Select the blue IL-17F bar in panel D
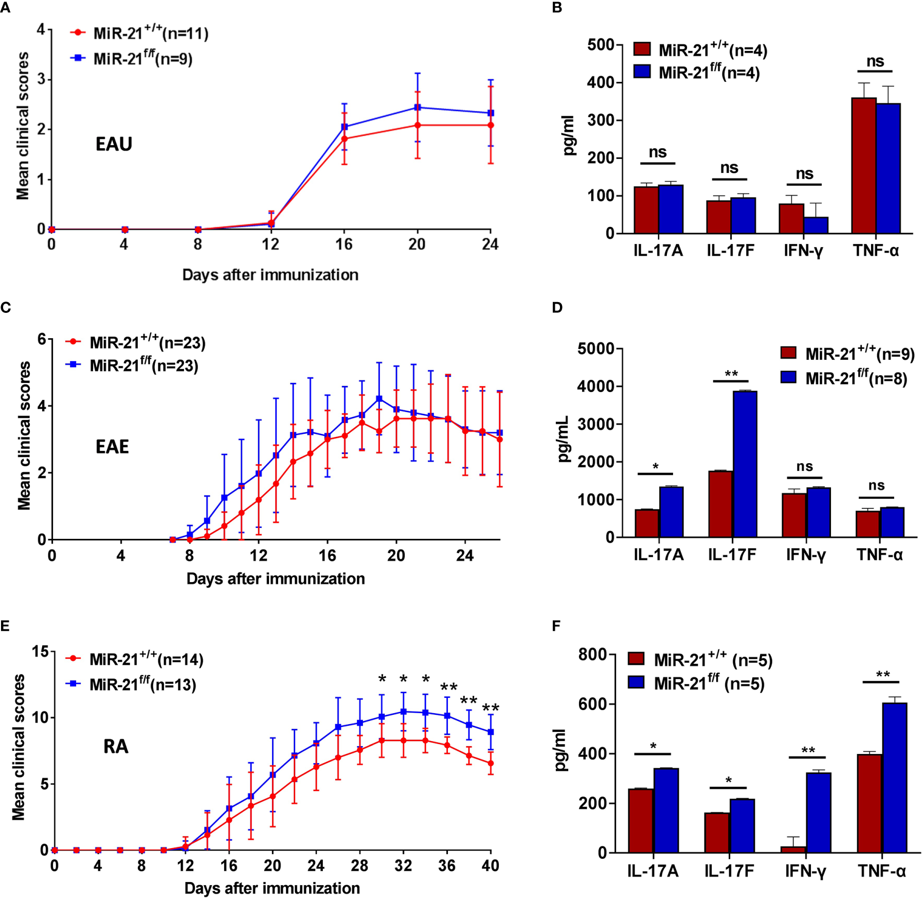point(745,464)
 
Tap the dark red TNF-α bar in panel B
point(864,165)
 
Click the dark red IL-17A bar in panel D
point(647,523)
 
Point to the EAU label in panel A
point(114,144)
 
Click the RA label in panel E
point(116,746)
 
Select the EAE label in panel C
point(112,447)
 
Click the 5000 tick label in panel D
point(595,349)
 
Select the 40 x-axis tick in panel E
point(490,866)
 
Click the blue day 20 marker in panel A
point(418,108)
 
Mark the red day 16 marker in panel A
point(344,139)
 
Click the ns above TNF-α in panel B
point(875,62)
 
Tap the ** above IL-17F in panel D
point(731,374)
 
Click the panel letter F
point(556,626)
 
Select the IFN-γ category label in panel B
point(803,251)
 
